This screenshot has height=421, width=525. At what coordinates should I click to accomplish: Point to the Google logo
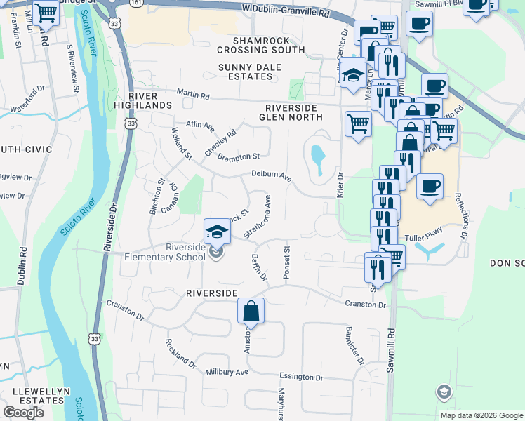[x=23, y=413]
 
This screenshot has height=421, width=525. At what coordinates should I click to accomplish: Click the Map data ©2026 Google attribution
[x=481, y=415]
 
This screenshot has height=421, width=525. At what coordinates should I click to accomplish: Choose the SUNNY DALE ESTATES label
[x=249, y=72]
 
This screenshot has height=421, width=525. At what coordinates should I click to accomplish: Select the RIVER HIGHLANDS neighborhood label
[x=149, y=100]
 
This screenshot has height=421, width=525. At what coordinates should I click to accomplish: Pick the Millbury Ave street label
[x=227, y=372]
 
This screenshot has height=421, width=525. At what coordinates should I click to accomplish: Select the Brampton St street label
[x=239, y=156]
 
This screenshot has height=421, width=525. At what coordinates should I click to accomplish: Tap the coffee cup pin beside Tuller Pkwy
[x=430, y=187]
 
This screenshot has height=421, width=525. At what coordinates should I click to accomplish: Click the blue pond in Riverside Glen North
[x=317, y=159]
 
